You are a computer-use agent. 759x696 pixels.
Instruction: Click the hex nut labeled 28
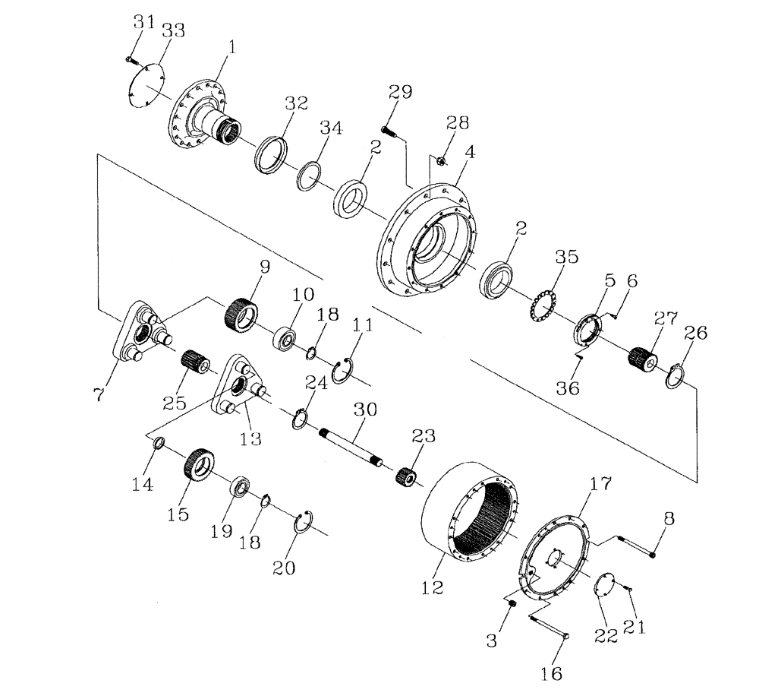(x=441, y=160)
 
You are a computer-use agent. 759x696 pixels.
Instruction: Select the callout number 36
(x=568, y=388)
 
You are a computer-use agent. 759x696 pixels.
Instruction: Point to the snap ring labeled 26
(x=676, y=375)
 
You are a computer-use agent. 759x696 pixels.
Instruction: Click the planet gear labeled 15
(x=197, y=464)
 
